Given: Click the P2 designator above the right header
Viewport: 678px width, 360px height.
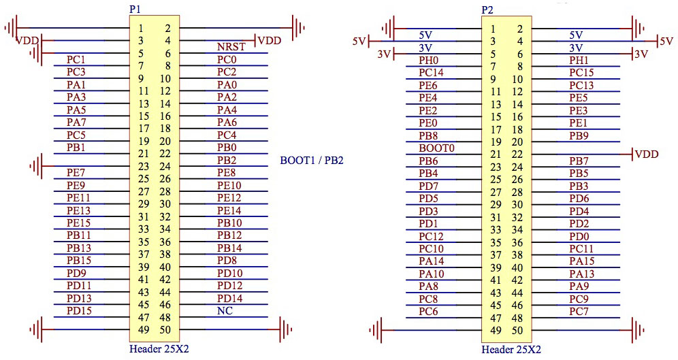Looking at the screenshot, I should pyautogui.click(x=487, y=10).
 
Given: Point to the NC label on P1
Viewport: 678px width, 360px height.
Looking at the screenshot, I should pyautogui.click(x=225, y=311).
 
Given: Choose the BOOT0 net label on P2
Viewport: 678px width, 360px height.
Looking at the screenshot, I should pyautogui.click(x=436, y=148).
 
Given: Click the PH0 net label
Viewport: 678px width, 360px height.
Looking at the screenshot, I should pyautogui.click(x=428, y=60).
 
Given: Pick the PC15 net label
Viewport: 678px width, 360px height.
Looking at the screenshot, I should pyautogui.click(x=581, y=73).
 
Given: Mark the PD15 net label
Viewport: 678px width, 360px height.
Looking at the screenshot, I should pyautogui.click(x=79, y=311).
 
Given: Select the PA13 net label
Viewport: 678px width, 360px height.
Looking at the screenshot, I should pyautogui.click(x=581, y=274).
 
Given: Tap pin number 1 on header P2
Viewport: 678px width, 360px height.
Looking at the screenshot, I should pyautogui.click(x=493, y=29).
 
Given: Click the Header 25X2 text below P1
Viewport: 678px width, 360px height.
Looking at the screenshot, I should pyautogui.click(x=159, y=349).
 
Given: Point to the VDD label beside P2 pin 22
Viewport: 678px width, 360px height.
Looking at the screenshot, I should pyautogui.click(x=646, y=154).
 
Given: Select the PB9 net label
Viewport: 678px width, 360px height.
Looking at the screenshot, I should pyautogui.click(x=579, y=135).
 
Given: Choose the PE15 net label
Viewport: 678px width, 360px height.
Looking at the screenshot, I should pyautogui.click(x=79, y=223).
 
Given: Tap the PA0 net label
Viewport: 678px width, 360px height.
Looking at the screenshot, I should pyautogui.click(x=227, y=85).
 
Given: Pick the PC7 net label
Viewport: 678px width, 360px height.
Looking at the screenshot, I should pyautogui.click(x=579, y=311).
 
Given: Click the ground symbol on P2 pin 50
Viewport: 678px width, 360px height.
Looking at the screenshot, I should pyautogui.click(x=636, y=330).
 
